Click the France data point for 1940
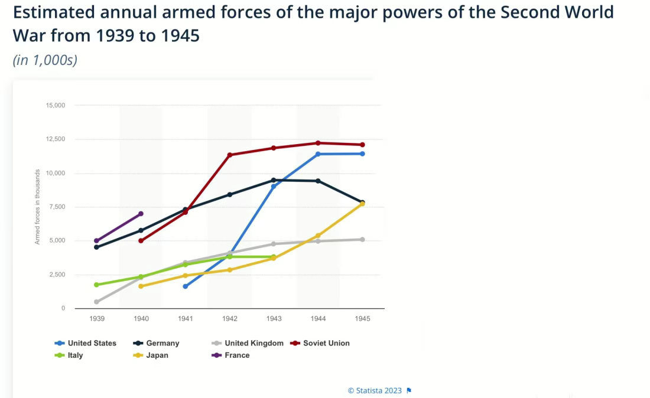[141, 214]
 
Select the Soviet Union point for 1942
[230, 155]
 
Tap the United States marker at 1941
[185, 286]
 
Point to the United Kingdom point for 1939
[96, 302]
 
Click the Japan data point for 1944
[318, 236]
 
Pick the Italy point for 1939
[96, 285]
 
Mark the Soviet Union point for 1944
[318, 143]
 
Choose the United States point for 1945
[362, 154]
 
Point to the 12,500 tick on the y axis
[56, 139]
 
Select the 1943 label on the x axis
[274, 319]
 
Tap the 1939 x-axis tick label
[97, 319]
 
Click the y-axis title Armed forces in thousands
[37, 207]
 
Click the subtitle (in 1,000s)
[45, 60]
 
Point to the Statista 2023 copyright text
[375, 391]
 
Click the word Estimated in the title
[54, 12]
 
